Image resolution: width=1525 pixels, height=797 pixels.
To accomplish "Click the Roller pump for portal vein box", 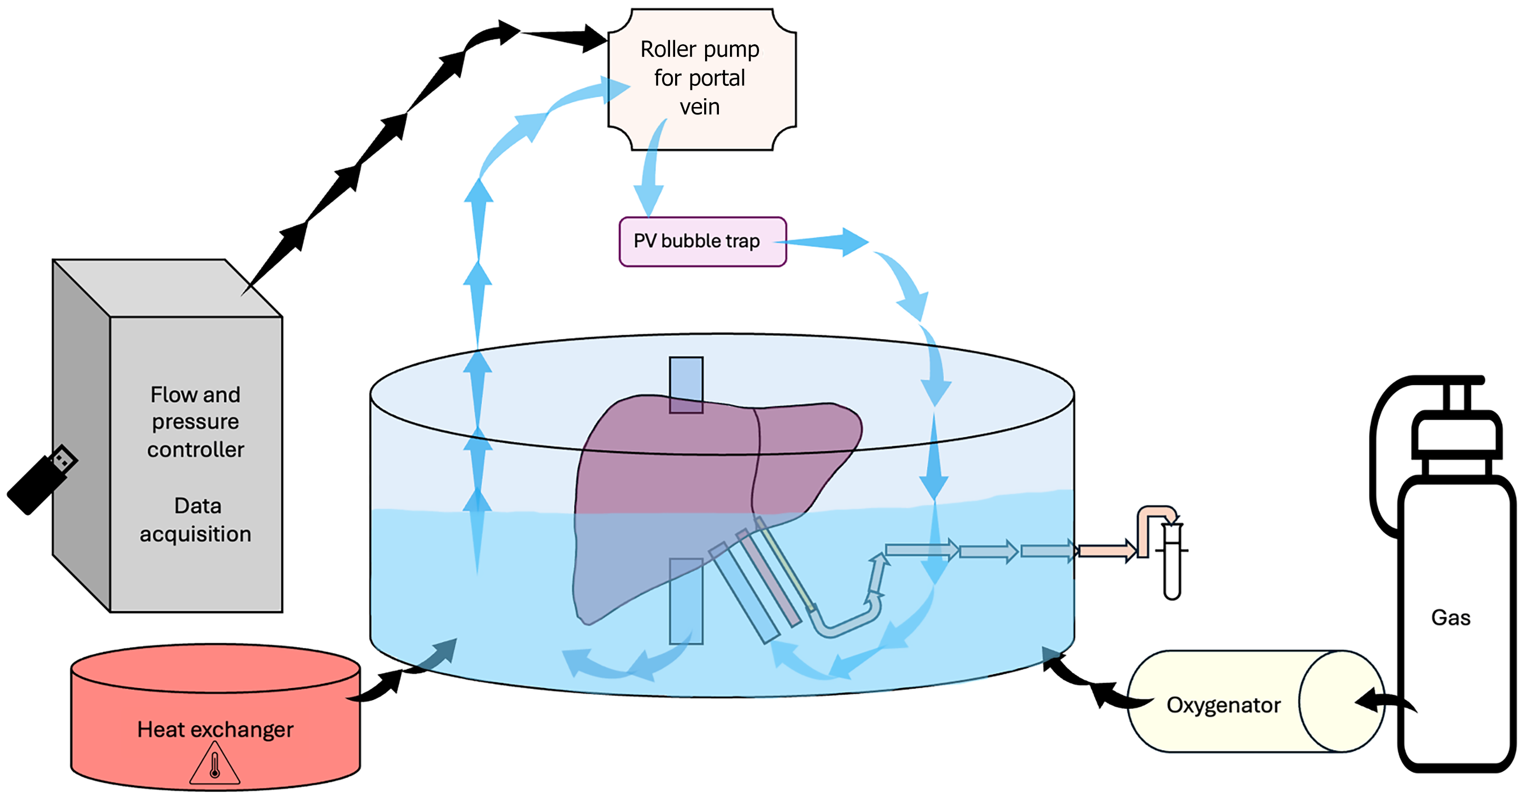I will pos(701,79).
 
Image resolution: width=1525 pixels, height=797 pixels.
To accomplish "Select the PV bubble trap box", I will pos(702,242).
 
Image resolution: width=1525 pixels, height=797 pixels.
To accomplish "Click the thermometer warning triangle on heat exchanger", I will pos(215,765).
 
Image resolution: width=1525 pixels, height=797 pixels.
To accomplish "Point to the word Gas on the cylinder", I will pos(1450,618).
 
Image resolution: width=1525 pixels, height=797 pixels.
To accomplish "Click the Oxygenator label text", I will pos(1223,705).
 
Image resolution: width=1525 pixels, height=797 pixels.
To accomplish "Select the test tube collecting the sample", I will pos(1172,559).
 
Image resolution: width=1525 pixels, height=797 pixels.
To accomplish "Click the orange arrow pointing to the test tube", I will pos(1106,551).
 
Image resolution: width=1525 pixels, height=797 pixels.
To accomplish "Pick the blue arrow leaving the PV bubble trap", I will pos(829,242).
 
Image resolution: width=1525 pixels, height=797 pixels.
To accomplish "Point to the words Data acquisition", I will pos(196,519).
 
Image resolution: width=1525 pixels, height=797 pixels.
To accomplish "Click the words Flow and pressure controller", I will pos(196,422).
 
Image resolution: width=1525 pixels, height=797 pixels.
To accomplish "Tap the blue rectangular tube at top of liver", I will pos(686,384).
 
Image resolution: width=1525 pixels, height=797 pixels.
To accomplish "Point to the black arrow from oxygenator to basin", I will pos(1095,687).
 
